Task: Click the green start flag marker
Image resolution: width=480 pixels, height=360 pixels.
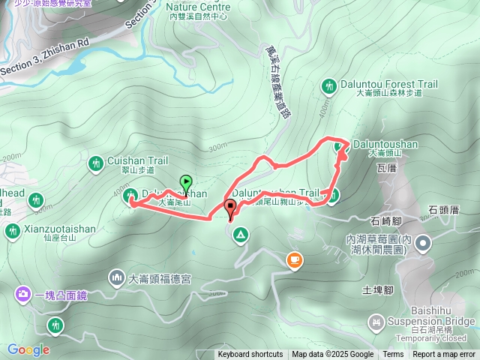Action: (186, 181)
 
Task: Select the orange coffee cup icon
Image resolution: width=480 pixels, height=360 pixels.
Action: (295, 260)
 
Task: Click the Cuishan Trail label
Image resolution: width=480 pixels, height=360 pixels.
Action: (137, 160)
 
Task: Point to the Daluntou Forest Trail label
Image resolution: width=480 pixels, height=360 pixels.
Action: (385, 84)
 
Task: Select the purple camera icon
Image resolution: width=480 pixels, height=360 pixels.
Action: (24, 295)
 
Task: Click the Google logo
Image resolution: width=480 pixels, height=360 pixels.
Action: (28, 349)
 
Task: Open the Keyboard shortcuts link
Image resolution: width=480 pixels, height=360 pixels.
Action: (250, 355)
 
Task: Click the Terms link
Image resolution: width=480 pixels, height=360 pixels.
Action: (393, 355)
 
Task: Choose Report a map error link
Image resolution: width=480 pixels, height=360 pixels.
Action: (444, 355)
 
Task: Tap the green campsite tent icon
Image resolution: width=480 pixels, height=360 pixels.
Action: (240, 236)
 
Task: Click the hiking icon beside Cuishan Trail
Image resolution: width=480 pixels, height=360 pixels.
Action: (95, 163)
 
